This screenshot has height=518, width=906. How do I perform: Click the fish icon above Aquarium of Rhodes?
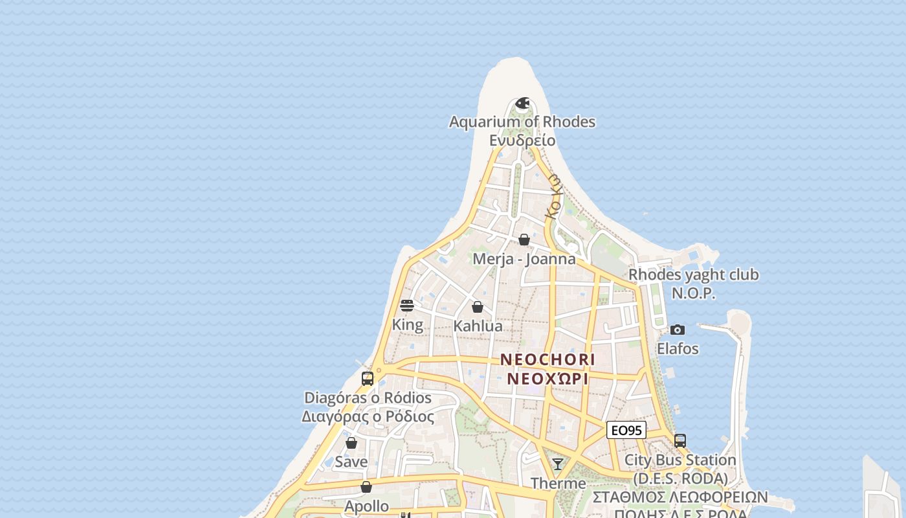[x=522, y=104]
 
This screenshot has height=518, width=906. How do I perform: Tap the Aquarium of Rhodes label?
[x=522, y=122]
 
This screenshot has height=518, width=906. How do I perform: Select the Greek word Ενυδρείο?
[x=522, y=140]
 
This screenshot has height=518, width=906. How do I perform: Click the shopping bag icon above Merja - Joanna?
[x=524, y=240]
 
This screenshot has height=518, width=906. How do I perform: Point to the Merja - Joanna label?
[x=524, y=259]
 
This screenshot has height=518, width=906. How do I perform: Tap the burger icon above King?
[x=407, y=306]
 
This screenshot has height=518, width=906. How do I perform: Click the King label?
[x=408, y=325]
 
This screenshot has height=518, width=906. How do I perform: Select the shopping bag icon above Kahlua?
[x=478, y=307]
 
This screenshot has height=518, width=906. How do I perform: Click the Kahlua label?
[x=478, y=326]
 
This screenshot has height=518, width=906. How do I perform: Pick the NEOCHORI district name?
[x=547, y=359]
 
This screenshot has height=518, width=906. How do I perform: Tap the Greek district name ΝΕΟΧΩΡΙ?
[x=547, y=378]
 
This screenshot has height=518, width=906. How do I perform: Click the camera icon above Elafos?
[x=678, y=330]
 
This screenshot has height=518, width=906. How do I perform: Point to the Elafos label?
[x=678, y=349]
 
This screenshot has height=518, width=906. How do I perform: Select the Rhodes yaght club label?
[x=694, y=275]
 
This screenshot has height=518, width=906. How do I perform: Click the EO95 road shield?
[x=626, y=430]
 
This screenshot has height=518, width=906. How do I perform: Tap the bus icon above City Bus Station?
[x=680, y=441]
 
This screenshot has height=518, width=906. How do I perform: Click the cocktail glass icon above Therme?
[x=558, y=464]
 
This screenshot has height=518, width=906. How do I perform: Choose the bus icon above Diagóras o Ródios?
[x=368, y=379]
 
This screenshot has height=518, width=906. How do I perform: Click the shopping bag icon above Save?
[x=351, y=443]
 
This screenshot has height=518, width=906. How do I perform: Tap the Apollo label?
[x=367, y=506]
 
